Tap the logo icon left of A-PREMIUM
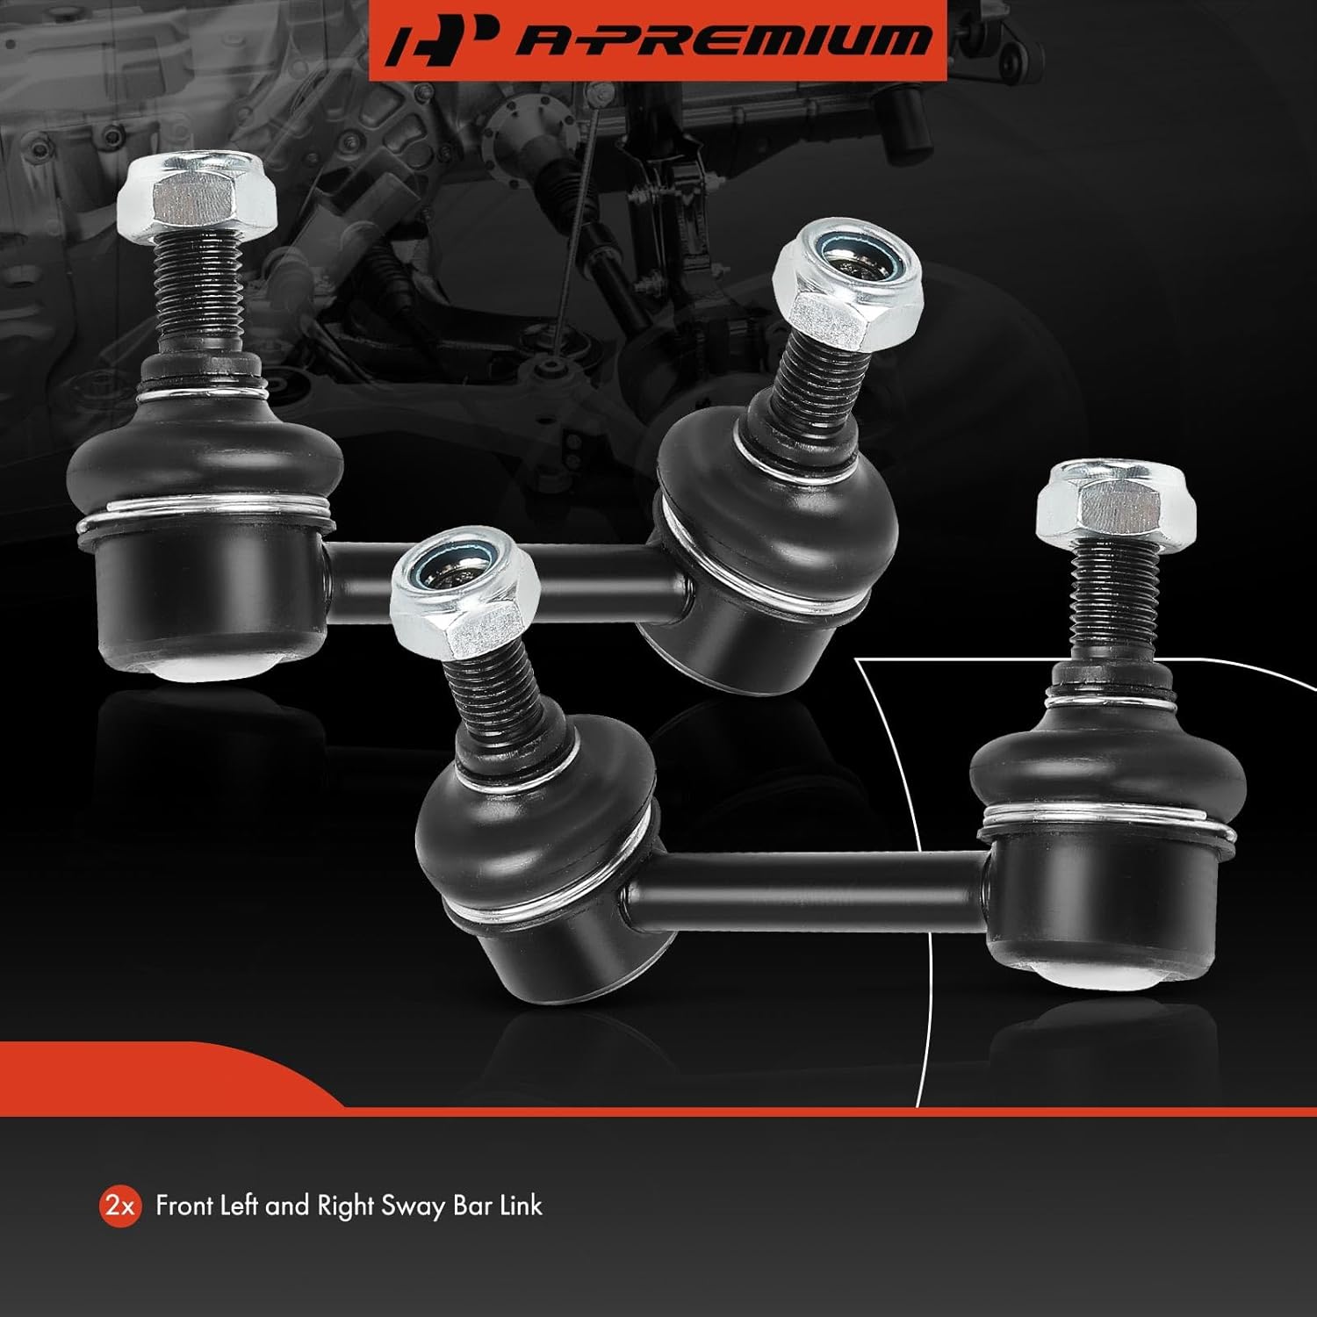[435, 40]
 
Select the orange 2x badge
[119, 1206]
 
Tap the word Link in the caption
[521, 1205]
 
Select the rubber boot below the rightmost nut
[1106, 781]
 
